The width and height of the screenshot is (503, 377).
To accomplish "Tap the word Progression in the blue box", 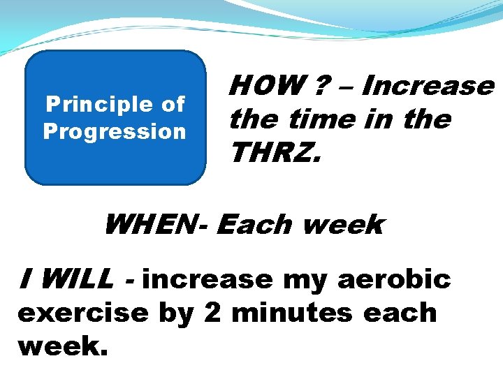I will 115,132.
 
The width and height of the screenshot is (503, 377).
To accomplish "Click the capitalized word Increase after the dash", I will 428,86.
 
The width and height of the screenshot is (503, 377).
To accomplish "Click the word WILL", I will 75,279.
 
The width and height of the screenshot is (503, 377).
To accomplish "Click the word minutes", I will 293,312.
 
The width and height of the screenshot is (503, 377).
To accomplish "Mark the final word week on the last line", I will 62,345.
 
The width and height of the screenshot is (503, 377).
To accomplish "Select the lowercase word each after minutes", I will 400,312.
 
